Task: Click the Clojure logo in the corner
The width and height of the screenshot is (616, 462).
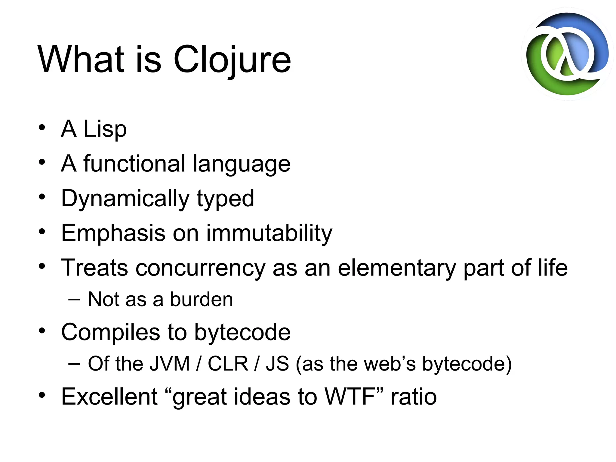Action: point(567,54)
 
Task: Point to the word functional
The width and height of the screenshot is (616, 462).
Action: point(134,164)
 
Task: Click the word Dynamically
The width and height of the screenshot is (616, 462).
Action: point(125,199)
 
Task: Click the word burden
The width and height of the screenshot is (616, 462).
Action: point(202,300)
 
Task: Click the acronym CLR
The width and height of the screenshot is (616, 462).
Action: point(228,364)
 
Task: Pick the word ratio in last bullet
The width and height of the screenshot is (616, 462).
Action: point(414,397)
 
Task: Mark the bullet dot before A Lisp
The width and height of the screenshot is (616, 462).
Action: point(42,128)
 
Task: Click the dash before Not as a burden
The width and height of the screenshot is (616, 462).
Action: point(74,300)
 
